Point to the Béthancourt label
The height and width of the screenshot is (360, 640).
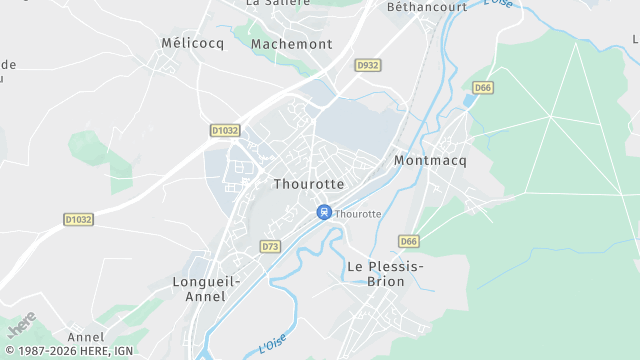(x=427, y=6)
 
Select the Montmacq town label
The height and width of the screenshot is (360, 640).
(x=431, y=160)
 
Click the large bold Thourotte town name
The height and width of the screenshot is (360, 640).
(x=308, y=185)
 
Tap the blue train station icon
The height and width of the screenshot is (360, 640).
(x=323, y=212)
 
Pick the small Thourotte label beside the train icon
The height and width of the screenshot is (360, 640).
(x=358, y=214)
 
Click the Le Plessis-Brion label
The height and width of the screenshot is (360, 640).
(x=385, y=274)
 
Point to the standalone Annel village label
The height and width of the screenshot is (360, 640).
(x=85, y=338)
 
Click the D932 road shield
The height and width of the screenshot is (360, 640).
(x=368, y=65)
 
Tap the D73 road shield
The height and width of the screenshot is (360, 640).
(x=270, y=246)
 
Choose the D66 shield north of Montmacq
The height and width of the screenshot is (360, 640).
(x=483, y=88)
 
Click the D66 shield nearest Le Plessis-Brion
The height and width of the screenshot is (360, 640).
(x=408, y=241)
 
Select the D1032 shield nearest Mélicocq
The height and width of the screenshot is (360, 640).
(x=226, y=130)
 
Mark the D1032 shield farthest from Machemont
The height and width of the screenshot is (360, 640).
(x=78, y=219)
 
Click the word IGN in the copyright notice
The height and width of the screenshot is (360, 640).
(x=123, y=352)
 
